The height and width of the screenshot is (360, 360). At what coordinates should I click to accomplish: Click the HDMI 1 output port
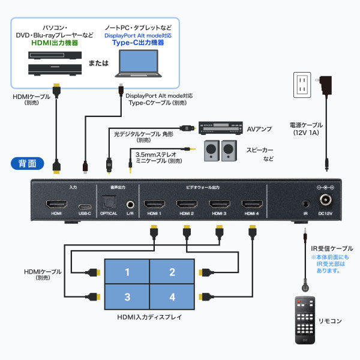pyautogui.click(x=154, y=203)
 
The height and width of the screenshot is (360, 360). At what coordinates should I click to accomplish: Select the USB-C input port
pyautogui.click(x=85, y=204)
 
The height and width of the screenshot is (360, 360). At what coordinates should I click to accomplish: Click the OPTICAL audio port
pyautogui.click(x=109, y=203)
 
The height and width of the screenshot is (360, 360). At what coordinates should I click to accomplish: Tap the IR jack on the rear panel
pyautogui.click(x=305, y=204)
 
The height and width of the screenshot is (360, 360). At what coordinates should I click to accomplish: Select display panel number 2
pyautogui.click(x=172, y=272)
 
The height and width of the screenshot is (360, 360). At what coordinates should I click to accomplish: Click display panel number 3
pyautogui.click(x=127, y=297)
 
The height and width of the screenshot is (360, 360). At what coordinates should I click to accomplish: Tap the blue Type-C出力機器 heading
pyautogui.click(x=139, y=43)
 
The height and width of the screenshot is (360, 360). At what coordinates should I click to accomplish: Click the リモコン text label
pyautogui.click(x=331, y=321)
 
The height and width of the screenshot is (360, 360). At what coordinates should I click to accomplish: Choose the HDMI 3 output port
pyautogui.click(x=219, y=203)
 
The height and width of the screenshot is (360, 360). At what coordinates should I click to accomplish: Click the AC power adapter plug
pyautogui.click(x=327, y=84)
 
